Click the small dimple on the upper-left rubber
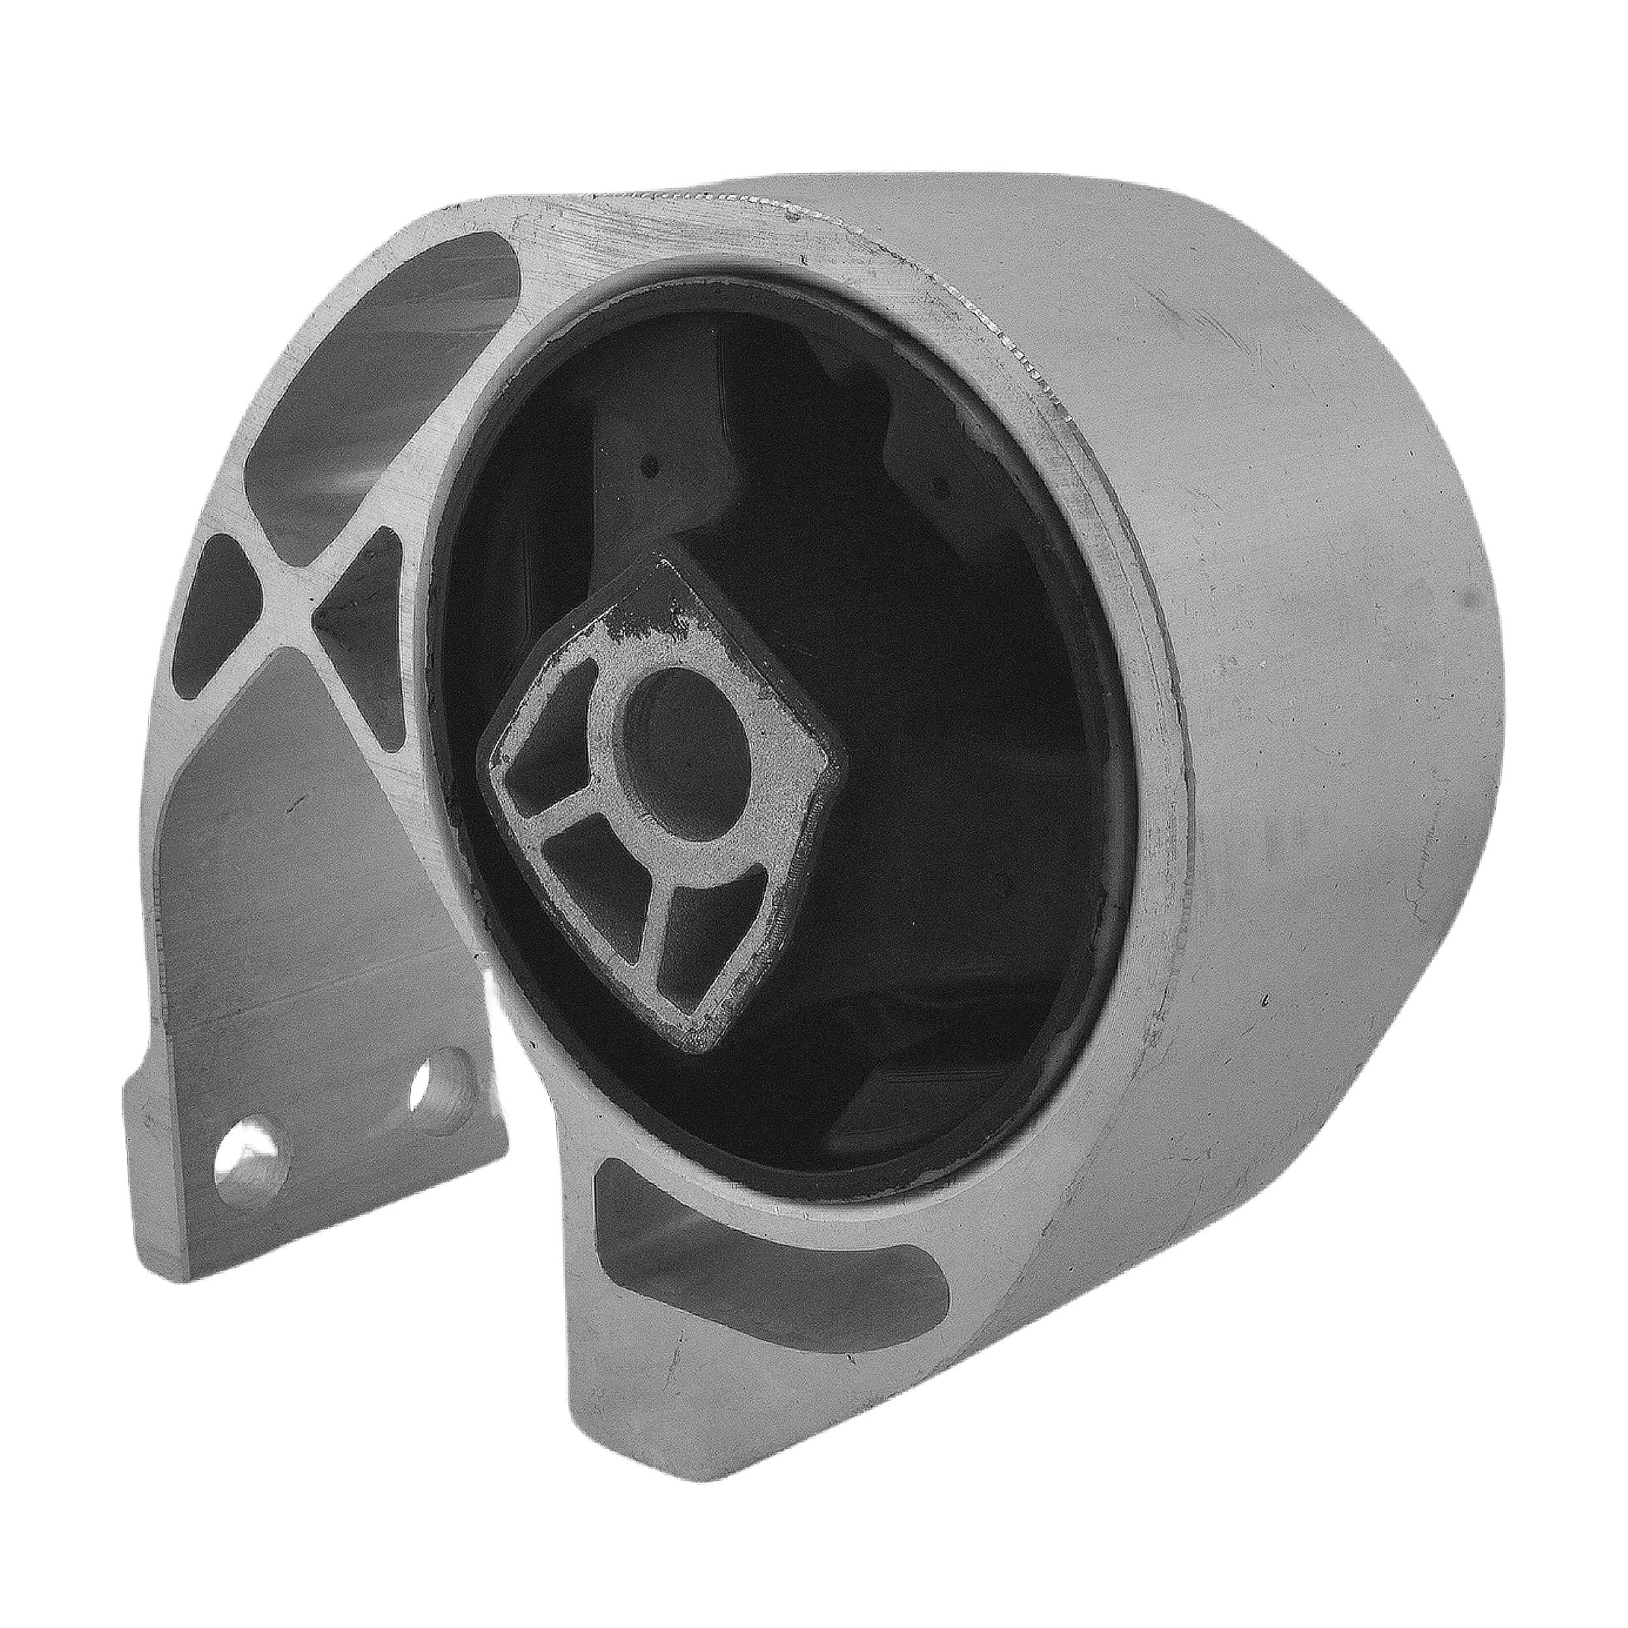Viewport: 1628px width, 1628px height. coord(647,462)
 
